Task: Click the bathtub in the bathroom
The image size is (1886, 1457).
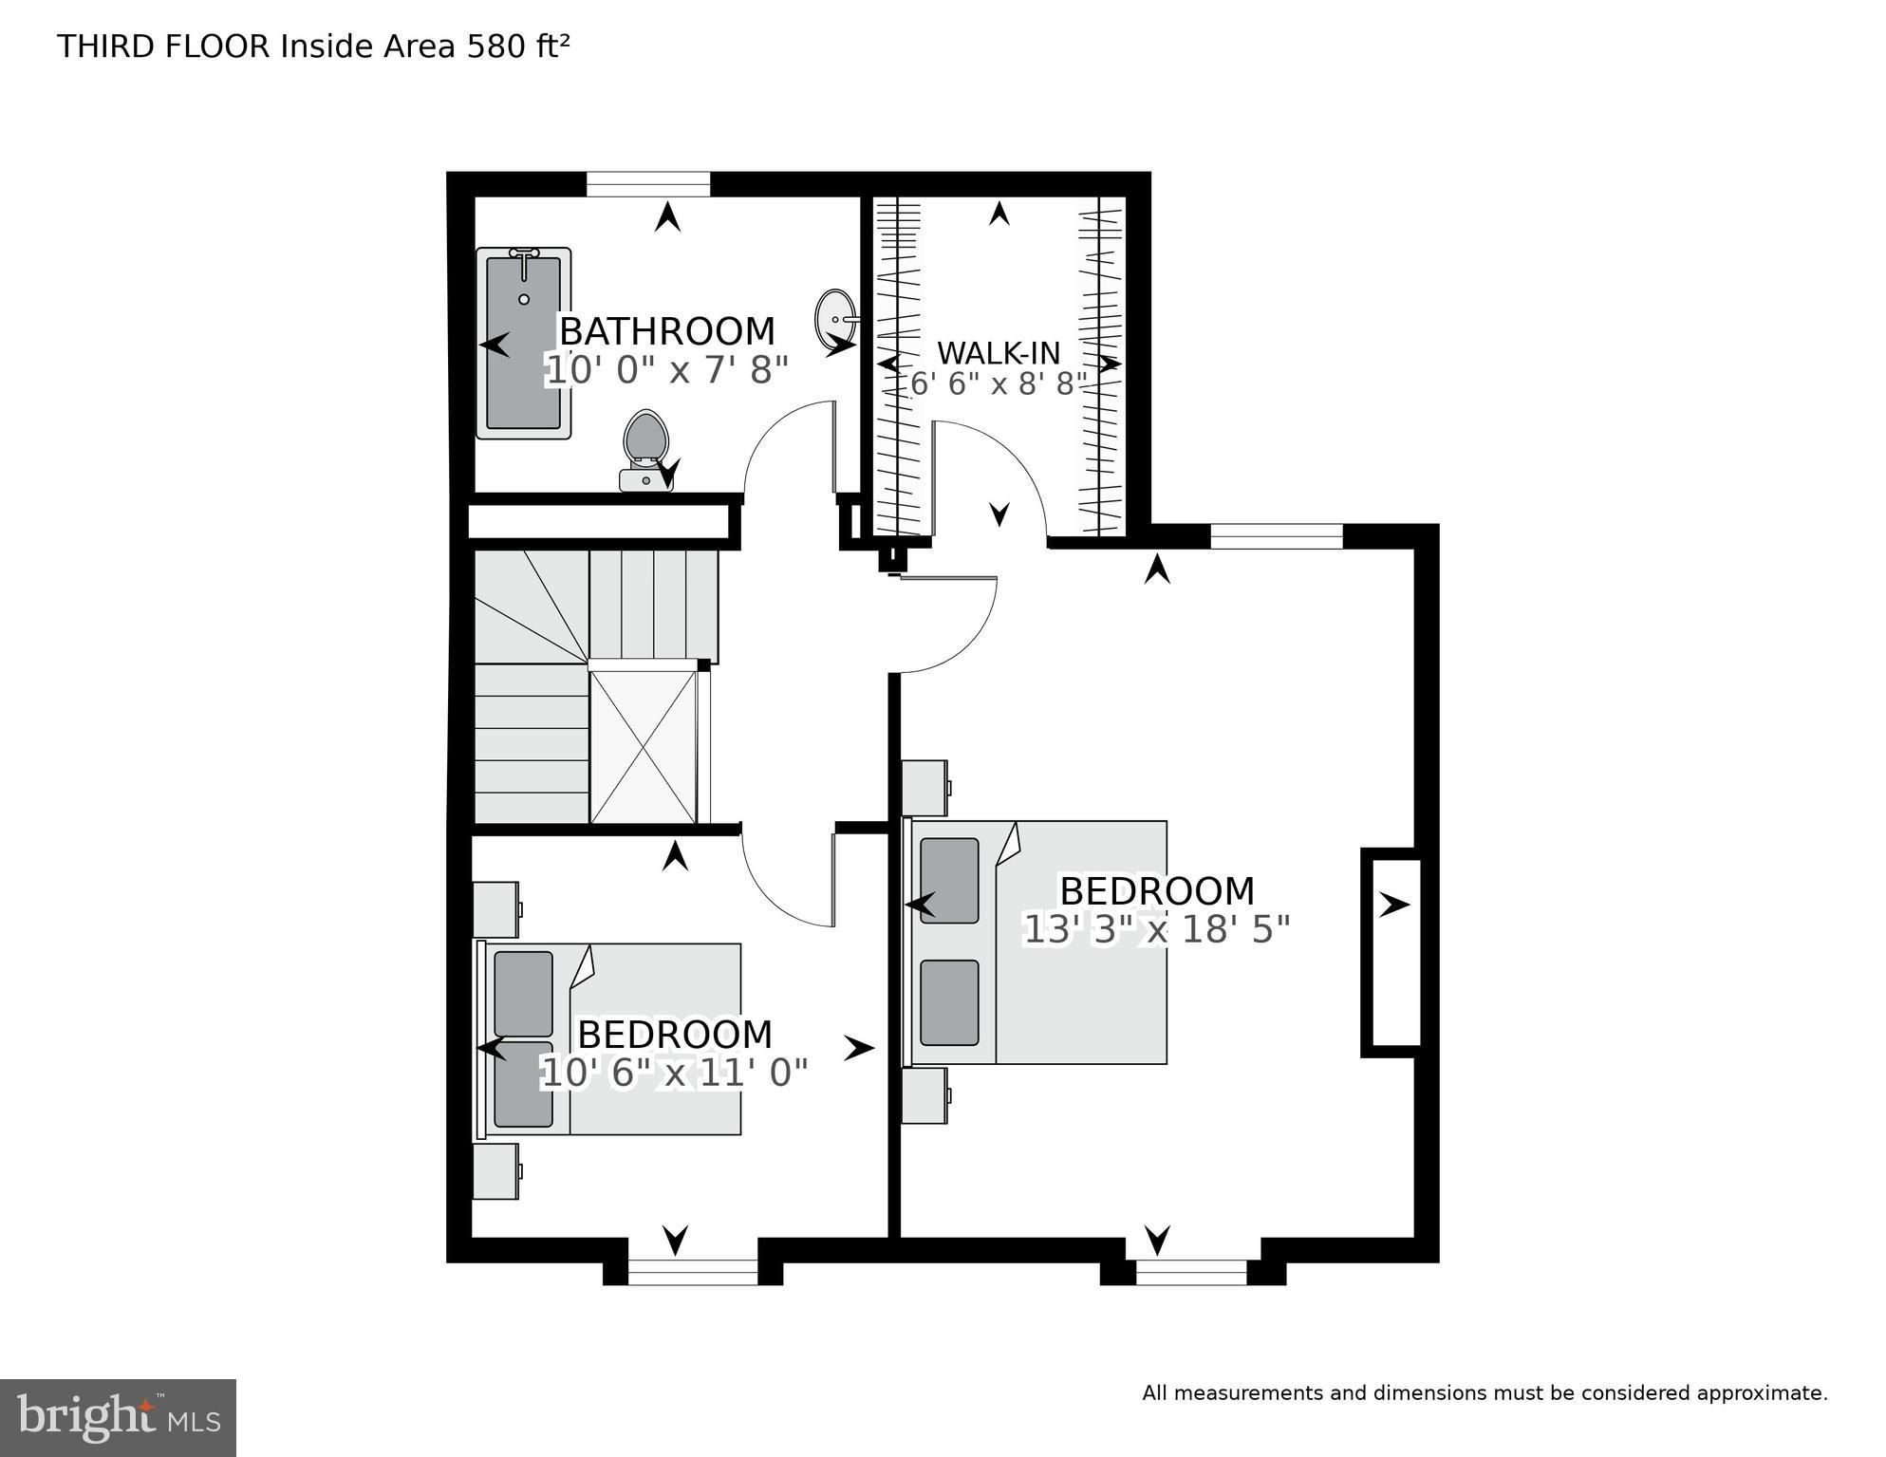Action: (523, 343)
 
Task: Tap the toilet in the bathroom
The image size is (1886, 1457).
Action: (646, 451)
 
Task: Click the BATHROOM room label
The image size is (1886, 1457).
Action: (667, 331)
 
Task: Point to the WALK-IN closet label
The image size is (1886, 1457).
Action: (999, 353)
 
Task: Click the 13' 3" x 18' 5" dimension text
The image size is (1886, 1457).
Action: (1156, 929)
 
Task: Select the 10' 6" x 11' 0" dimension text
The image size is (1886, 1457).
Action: (674, 1074)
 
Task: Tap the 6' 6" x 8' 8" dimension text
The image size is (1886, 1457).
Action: (998, 383)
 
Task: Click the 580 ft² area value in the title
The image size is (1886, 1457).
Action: (518, 46)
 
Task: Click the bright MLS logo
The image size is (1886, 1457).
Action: (118, 1417)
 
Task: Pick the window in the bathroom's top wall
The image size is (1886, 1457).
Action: (648, 184)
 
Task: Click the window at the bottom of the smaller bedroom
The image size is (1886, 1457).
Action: (693, 1272)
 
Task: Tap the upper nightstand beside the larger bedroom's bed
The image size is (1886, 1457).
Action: (925, 788)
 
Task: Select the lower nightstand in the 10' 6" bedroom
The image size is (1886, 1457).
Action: (496, 1171)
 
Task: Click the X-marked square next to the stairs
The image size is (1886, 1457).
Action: (643, 746)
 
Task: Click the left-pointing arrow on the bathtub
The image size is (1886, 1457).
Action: (495, 344)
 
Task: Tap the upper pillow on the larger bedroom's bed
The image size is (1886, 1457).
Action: (949, 880)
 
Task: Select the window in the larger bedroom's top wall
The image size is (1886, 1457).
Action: (1277, 536)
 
